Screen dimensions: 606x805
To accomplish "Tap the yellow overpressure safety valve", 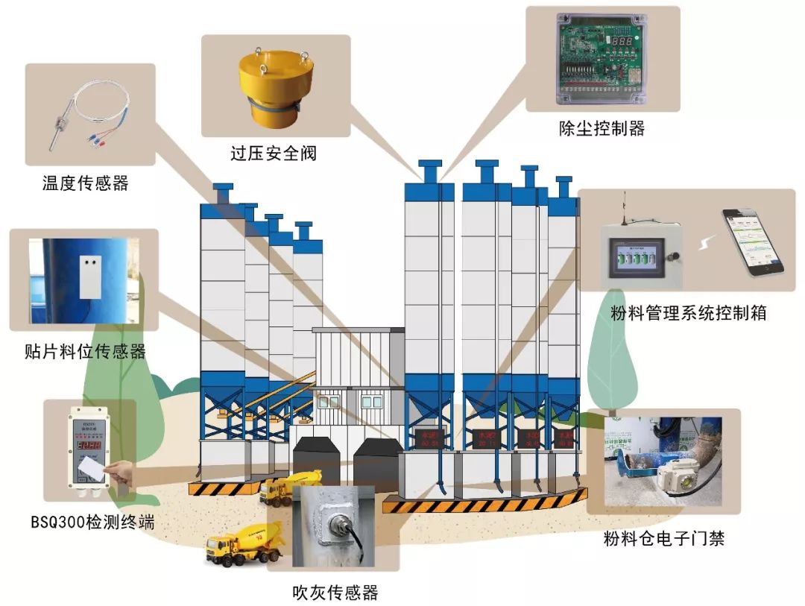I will pos(274,89).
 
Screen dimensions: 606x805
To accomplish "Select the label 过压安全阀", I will pos(274,154).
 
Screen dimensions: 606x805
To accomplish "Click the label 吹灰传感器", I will pos(335,593).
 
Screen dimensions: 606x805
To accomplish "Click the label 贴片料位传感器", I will pos(85,351).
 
